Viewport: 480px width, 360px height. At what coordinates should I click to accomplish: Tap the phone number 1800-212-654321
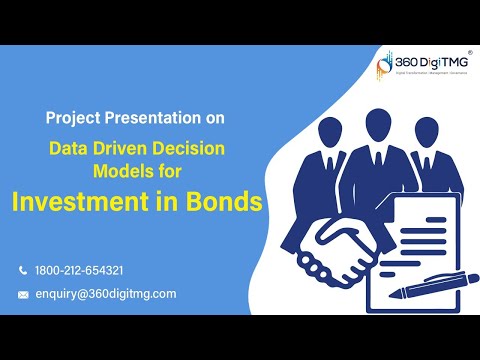point(79,270)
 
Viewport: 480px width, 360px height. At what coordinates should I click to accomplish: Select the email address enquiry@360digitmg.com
point(105,293)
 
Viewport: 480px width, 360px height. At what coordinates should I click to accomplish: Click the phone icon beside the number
point(23,270)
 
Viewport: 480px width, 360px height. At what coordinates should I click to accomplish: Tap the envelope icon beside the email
point(23,294)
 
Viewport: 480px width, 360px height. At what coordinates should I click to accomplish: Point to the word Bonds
point(223,201)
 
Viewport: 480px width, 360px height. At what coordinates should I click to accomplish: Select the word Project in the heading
point(73,117)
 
